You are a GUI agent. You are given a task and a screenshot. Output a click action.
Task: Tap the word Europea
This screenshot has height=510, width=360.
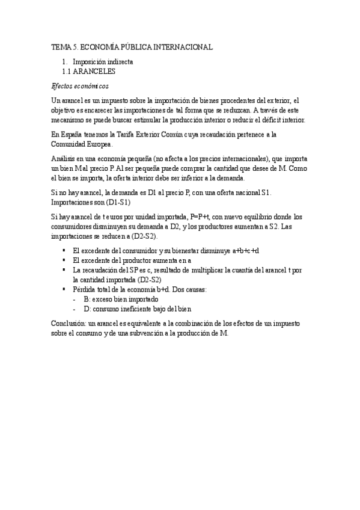coord(99,145)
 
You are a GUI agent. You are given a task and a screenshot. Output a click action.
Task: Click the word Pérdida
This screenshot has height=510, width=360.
coord(85,289)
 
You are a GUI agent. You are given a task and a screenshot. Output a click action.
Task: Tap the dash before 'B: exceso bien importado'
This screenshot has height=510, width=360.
coord(74,299)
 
